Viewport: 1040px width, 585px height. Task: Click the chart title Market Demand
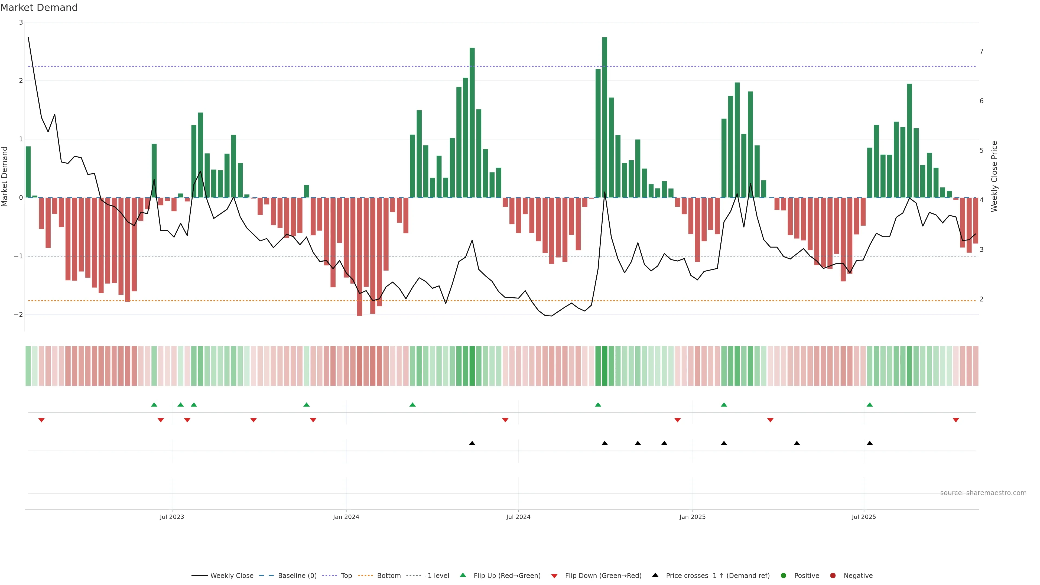[x=39, y=8]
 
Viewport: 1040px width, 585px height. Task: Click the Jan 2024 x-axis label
[x=346, y=517]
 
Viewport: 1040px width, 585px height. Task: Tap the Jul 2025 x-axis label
[x=864, y=517]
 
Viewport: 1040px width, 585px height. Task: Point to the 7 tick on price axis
[x=981, y=51]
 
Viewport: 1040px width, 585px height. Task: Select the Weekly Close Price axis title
[x=994, y=176]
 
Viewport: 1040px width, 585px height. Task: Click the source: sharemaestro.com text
[x=983, y=493]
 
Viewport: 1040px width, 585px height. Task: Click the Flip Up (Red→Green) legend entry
[x=500, y=576]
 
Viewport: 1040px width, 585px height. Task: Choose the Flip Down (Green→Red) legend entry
[x=596, y=576]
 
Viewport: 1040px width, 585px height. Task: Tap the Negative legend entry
[x=851, y=576]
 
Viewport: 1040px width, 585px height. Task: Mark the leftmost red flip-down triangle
[x=41, y=420]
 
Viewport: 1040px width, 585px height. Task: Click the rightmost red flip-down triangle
[x=955, y=420]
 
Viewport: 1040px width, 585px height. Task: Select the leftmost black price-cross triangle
[x=472, y=443]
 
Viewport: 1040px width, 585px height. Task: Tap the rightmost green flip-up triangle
[x=870, y=405]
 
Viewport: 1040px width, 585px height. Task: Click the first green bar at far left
[x=28, y=172]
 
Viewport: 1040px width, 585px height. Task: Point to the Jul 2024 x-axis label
[x=518, y=517]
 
